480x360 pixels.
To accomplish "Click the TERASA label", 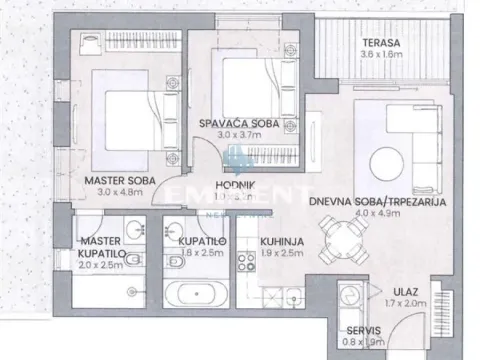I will pos(382,43).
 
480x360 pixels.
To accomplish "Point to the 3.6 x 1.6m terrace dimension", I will pos(382,56).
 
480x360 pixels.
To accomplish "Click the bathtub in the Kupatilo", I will pos(201,296).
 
